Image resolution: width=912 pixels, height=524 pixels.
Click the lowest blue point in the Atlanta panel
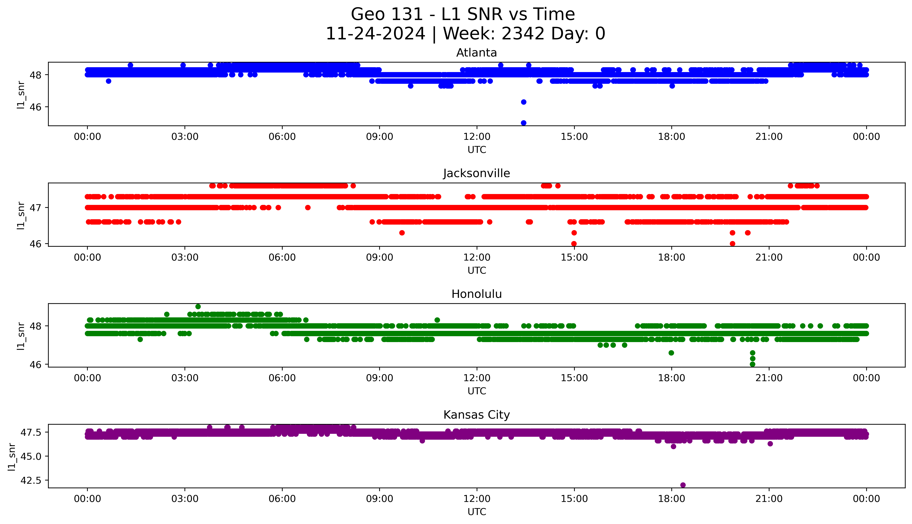(x=523, y=123)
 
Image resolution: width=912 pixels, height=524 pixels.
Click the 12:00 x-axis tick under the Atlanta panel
(x=477, y=137)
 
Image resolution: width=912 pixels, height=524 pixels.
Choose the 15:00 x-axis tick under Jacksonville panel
(x=574, y=257)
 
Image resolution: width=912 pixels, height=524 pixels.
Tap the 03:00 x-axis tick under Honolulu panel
(x=185, y=378)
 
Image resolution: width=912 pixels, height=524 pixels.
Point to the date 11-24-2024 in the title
(x=375, y=34)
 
